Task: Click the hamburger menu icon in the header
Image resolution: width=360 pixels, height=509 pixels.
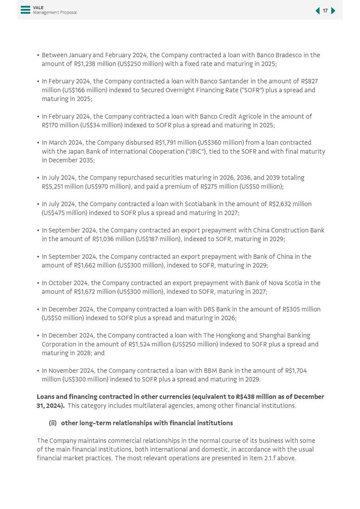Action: [x=25, y=10]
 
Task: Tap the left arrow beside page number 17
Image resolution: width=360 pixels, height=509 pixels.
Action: [x=317, y=11]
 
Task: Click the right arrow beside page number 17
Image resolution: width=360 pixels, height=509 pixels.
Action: [x=333, y=11]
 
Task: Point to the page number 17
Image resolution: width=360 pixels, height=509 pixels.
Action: [x=325, y=11]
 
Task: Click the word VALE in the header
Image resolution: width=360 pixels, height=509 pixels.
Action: [x=38, y=8]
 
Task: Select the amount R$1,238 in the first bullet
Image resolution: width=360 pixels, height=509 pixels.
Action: [x=86, y=64]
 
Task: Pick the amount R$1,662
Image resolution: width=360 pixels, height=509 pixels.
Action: [x=86, y=266]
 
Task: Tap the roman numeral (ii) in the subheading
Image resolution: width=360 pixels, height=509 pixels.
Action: [x=53, y=423]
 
